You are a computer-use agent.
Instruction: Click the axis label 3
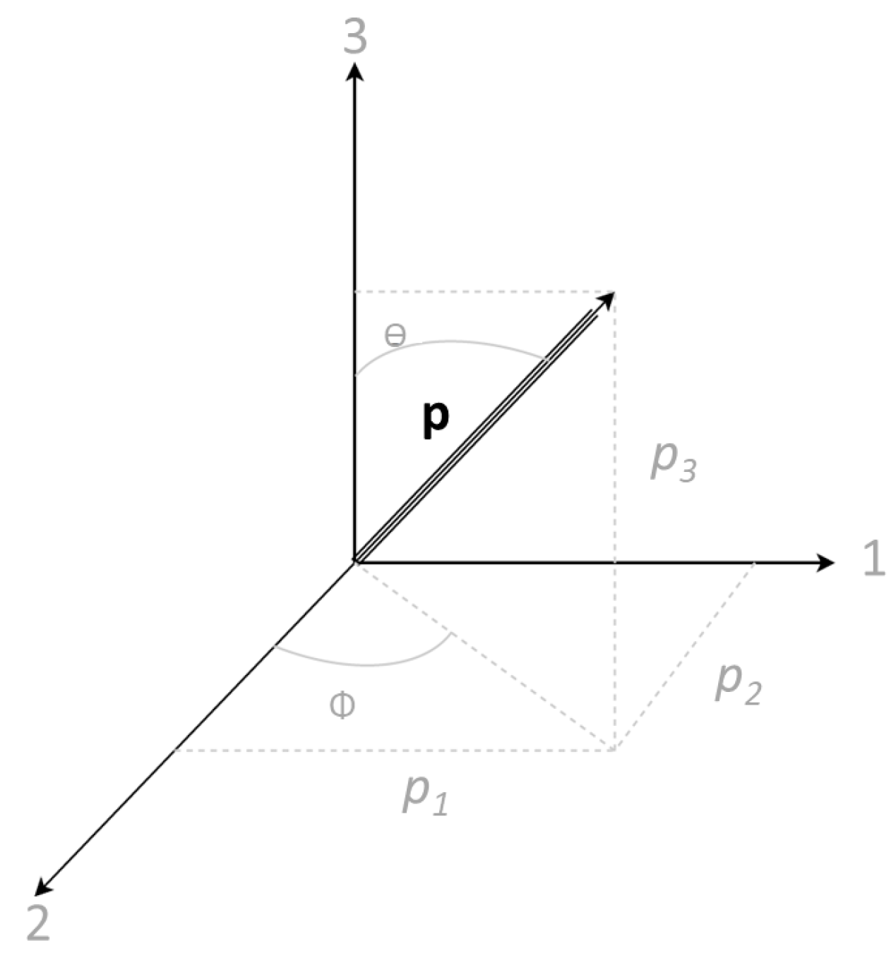(355, 37)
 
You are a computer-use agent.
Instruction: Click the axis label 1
(874, 561)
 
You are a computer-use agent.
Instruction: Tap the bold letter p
(435, 418)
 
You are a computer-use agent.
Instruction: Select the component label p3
(673, 463)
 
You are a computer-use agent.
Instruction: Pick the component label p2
(738, 684)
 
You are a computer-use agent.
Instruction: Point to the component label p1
(425, 795)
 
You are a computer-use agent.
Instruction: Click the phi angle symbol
(342, 705)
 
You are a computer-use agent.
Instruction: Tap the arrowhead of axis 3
(355, 71)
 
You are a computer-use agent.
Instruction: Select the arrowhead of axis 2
(44, 887)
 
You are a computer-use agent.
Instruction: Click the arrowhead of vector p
(606, 300)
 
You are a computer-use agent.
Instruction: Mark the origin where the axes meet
(355, 561)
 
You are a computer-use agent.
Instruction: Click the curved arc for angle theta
(452, 344)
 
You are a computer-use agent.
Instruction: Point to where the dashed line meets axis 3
(355, 291)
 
